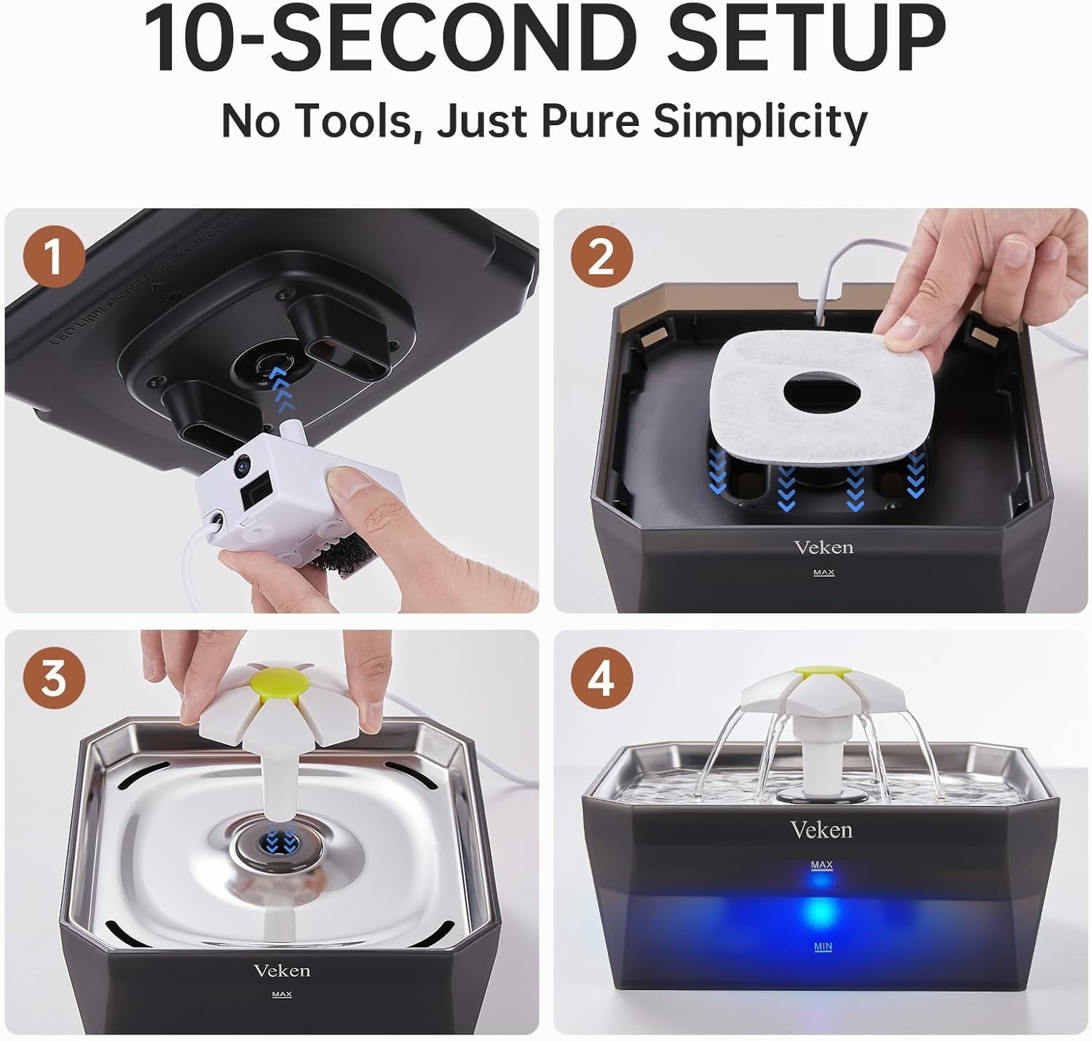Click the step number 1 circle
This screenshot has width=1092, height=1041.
55,258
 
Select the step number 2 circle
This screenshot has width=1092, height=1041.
601,258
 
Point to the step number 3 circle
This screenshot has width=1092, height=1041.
55,678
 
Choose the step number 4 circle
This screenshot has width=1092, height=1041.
601,678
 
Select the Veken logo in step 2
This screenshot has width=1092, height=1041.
823,547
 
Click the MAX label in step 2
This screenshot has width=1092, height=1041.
823,573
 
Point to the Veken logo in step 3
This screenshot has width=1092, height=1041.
282,970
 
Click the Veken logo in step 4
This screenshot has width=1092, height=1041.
821,830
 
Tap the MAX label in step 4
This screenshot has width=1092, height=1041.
821,865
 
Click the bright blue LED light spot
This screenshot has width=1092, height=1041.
820,910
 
